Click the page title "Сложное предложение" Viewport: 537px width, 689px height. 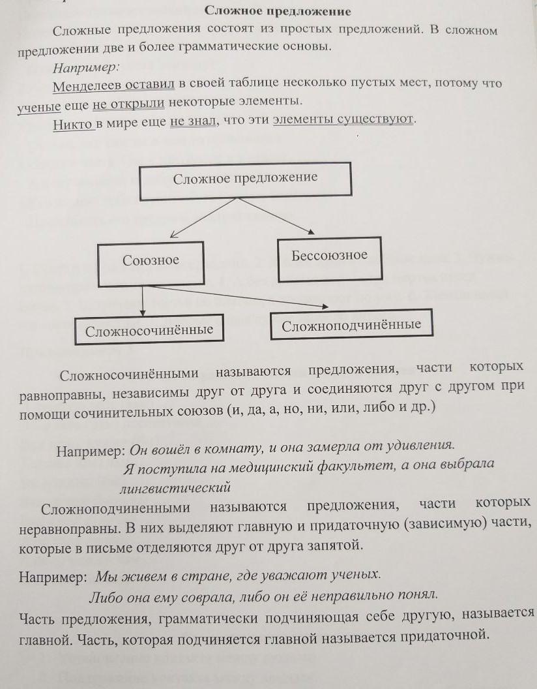coord(278,11)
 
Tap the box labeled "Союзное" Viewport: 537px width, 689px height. coord(151,260)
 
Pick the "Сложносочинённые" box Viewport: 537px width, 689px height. coord(149,330)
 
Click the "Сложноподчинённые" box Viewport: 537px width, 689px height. coord(351,325)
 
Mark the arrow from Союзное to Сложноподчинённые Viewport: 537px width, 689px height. coord(235,296)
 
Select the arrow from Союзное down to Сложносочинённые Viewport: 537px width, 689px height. coord(143,299)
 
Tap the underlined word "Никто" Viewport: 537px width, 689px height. coord(74,122)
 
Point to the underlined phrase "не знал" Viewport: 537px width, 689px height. coord(192,121)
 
